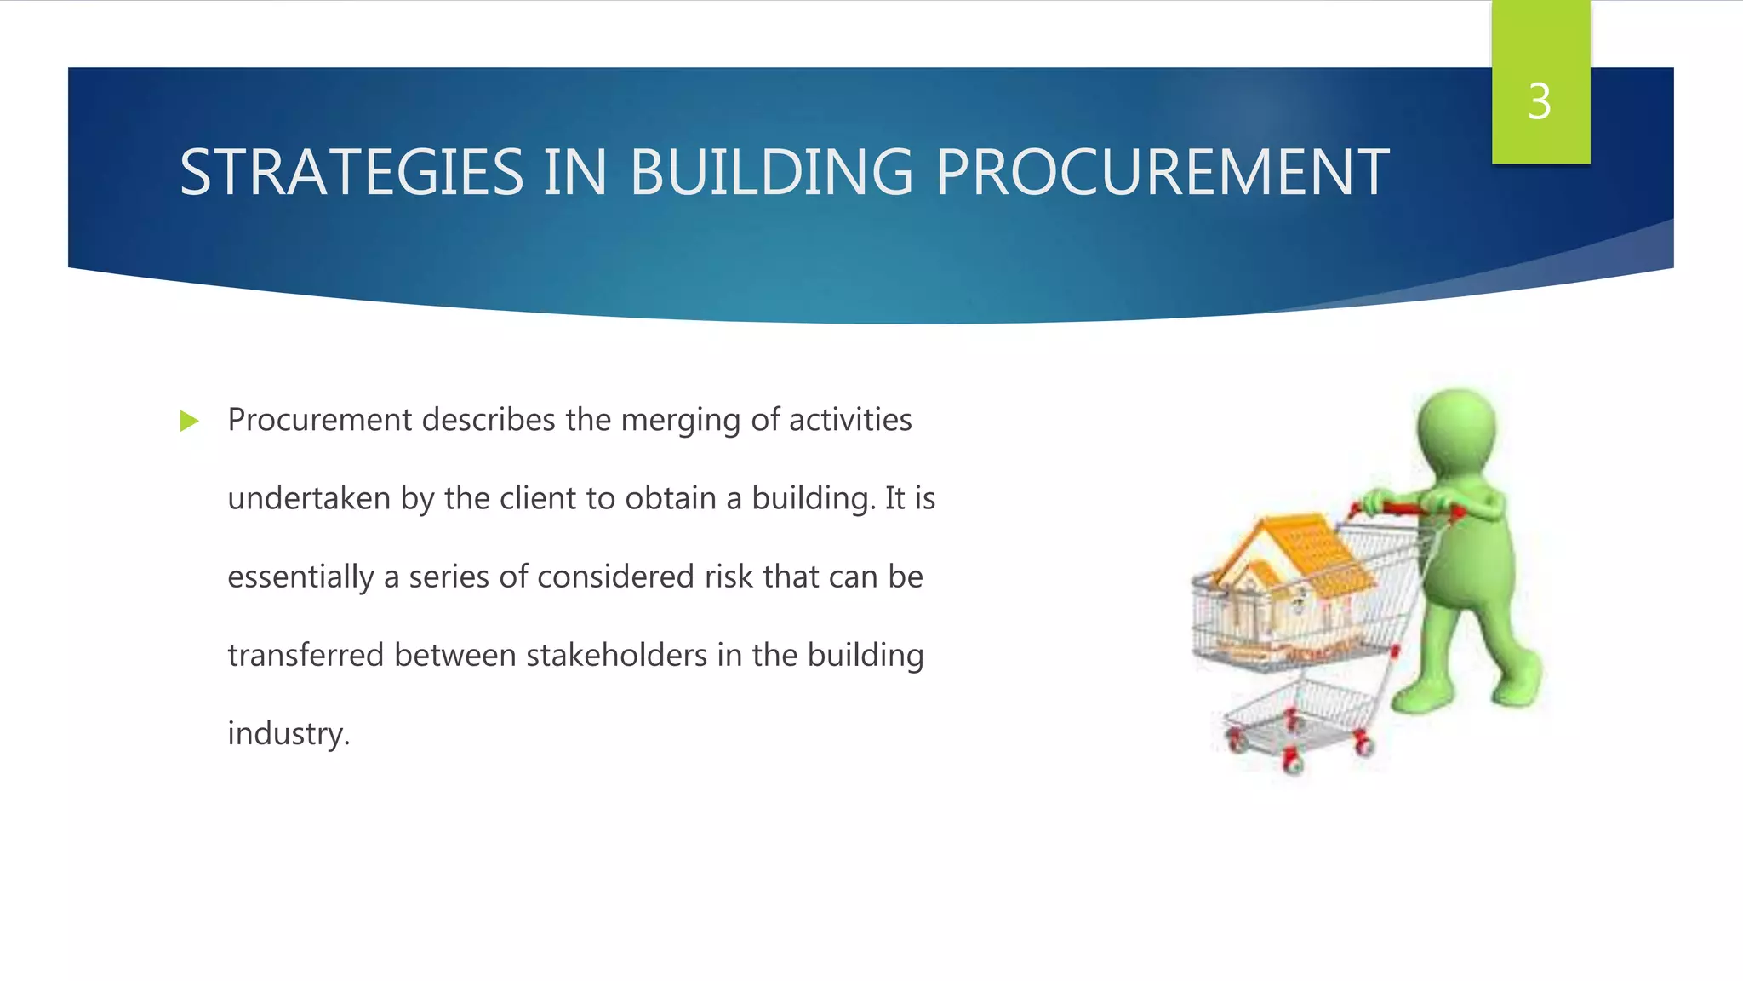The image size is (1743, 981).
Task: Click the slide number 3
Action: pyautogui.click(x=1540, y=102)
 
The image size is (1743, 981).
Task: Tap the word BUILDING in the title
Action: pyautogui.click(x=771, y=173)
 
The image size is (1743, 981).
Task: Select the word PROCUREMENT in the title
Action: pyautogui.click(x=1163, y=173)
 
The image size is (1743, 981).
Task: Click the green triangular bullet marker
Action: pyautogui.click(x=189, y=421)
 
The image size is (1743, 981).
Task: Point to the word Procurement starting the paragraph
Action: pyautogui.click(x=319, y=420)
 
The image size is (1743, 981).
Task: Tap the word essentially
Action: pyautogui.click(x=300, y=577)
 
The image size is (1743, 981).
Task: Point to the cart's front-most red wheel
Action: pyautogui.click(x=1293, y=763)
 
